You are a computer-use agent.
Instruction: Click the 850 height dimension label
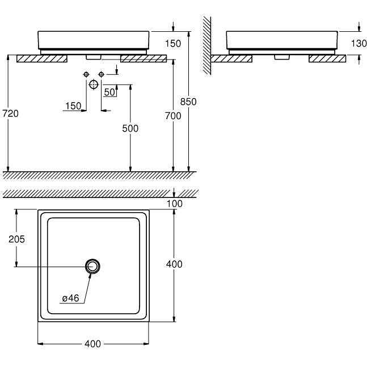[188, 102]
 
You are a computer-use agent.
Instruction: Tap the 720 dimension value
[11, 113]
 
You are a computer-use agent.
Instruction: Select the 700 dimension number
[173, 116]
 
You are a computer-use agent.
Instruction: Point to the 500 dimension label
[130, 128]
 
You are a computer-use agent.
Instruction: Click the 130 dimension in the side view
[358, 43]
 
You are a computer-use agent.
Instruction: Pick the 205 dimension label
[16, 239]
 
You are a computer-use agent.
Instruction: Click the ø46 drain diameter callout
[70, 298]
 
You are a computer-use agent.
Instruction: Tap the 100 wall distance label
[175, 204]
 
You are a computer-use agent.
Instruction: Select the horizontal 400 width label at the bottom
[92, 344]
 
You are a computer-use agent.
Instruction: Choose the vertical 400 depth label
[174, 264]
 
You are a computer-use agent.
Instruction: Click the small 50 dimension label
[109, 92]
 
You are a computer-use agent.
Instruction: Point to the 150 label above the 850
[173, 44]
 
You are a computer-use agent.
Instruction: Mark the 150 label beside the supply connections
[73, 106]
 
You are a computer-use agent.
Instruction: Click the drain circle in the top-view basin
[92, 267]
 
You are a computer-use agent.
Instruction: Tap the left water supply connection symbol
[86, 74]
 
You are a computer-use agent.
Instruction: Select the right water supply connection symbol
[101, 74]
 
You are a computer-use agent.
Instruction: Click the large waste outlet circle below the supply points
[94, 85]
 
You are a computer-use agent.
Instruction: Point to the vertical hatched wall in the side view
[207, 45]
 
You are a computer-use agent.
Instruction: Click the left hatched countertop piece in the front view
[42, 58]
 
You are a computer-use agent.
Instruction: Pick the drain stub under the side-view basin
[282, 57]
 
